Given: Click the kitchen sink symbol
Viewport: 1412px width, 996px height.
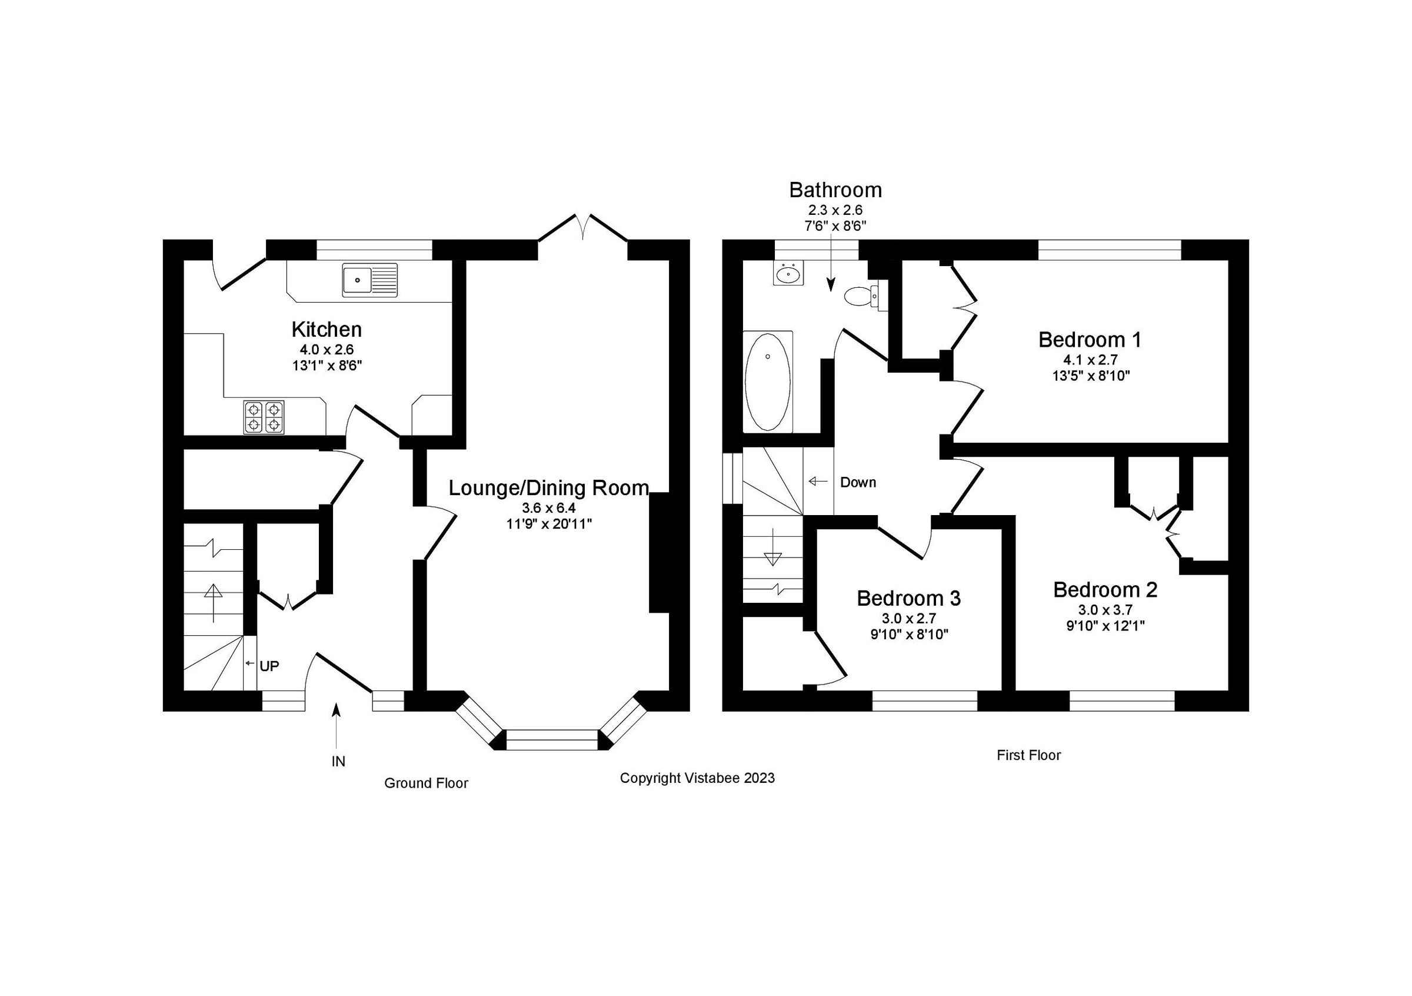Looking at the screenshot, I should tap(369, 281).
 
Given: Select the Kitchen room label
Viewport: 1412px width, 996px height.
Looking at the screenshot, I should tap(326, 330).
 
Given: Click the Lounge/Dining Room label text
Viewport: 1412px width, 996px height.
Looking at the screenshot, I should tap(548, 488).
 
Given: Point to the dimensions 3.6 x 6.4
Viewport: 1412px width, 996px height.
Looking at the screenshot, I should tap(548, 508).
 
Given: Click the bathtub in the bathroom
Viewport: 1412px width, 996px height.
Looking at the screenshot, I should tap(768, 381).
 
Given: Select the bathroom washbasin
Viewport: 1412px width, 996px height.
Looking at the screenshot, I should tap(788, 274).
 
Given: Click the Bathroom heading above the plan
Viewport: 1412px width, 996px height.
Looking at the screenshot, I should tap(835, 190).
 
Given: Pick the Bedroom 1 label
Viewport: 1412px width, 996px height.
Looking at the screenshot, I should tap(1090, 340).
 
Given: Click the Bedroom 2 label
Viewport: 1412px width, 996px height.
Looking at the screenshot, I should tap(1105, 590).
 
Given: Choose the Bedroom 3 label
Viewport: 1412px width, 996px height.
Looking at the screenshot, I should tap(908, 598).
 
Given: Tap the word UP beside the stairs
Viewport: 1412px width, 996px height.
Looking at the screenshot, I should tap(269, 666).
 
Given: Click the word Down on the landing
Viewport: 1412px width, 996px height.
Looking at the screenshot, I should tap(858, 482).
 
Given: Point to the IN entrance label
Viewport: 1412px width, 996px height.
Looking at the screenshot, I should tap(338, 762).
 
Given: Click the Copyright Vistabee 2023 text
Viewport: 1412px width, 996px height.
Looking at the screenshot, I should tap(697, 778).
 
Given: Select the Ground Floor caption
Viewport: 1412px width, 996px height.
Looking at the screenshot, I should tap(426, 783).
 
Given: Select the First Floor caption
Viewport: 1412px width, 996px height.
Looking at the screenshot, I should tap(1029, 755).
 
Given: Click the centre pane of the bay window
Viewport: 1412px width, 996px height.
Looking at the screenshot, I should tap(552, 739).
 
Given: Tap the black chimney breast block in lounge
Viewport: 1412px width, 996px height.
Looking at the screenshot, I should tap(660, 552).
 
